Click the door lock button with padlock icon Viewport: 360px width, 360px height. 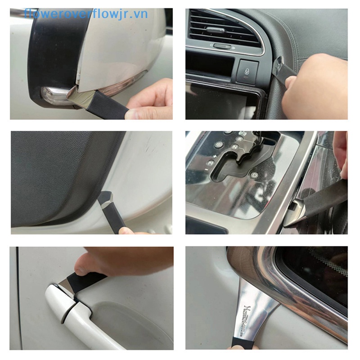(x=248, y=72)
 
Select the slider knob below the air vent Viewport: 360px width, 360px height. (x=221, y=46)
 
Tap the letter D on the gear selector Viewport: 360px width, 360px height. (x=254, y=175)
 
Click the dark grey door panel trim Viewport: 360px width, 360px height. (x=58, y=175)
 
